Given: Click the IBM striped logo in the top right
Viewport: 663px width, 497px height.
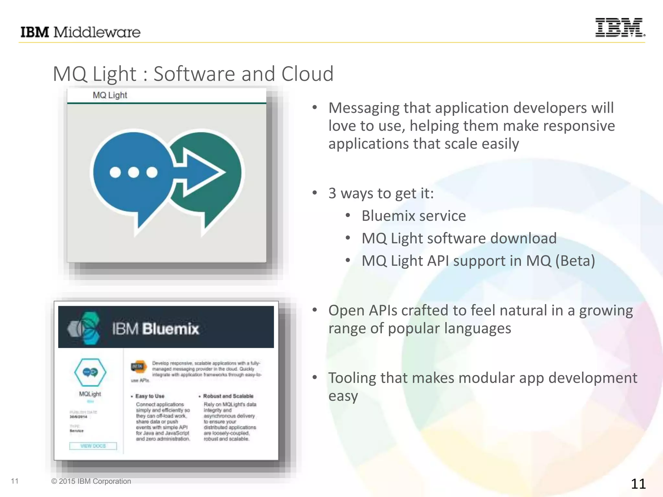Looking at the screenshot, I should [620, 28].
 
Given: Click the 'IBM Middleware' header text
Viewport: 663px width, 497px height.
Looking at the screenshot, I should [80, 32].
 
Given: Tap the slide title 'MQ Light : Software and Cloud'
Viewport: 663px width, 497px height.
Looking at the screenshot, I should [193, 74].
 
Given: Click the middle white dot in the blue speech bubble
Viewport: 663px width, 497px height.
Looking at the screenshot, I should [133, 172].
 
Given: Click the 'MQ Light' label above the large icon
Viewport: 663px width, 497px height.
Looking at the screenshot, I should [110, 95].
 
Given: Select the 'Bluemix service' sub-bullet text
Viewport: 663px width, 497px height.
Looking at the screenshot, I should [413, 216].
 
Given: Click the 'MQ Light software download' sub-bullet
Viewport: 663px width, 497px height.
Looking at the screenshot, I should [459, 238].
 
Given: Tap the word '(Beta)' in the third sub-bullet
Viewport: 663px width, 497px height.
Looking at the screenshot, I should [575, 261].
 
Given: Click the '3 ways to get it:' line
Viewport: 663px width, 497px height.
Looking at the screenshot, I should [381, 193].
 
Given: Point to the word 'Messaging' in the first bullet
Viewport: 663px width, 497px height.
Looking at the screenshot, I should [364, 108].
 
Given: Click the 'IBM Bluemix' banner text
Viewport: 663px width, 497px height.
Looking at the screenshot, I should [155, 329].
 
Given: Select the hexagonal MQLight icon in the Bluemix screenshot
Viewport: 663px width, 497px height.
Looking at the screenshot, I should [90, 372].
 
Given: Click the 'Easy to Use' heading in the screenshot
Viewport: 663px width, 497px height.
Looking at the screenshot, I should [150, 396].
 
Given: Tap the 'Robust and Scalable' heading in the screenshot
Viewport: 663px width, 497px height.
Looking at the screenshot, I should [228, 396].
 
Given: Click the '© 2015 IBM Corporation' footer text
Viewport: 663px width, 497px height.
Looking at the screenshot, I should [91, 481].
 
